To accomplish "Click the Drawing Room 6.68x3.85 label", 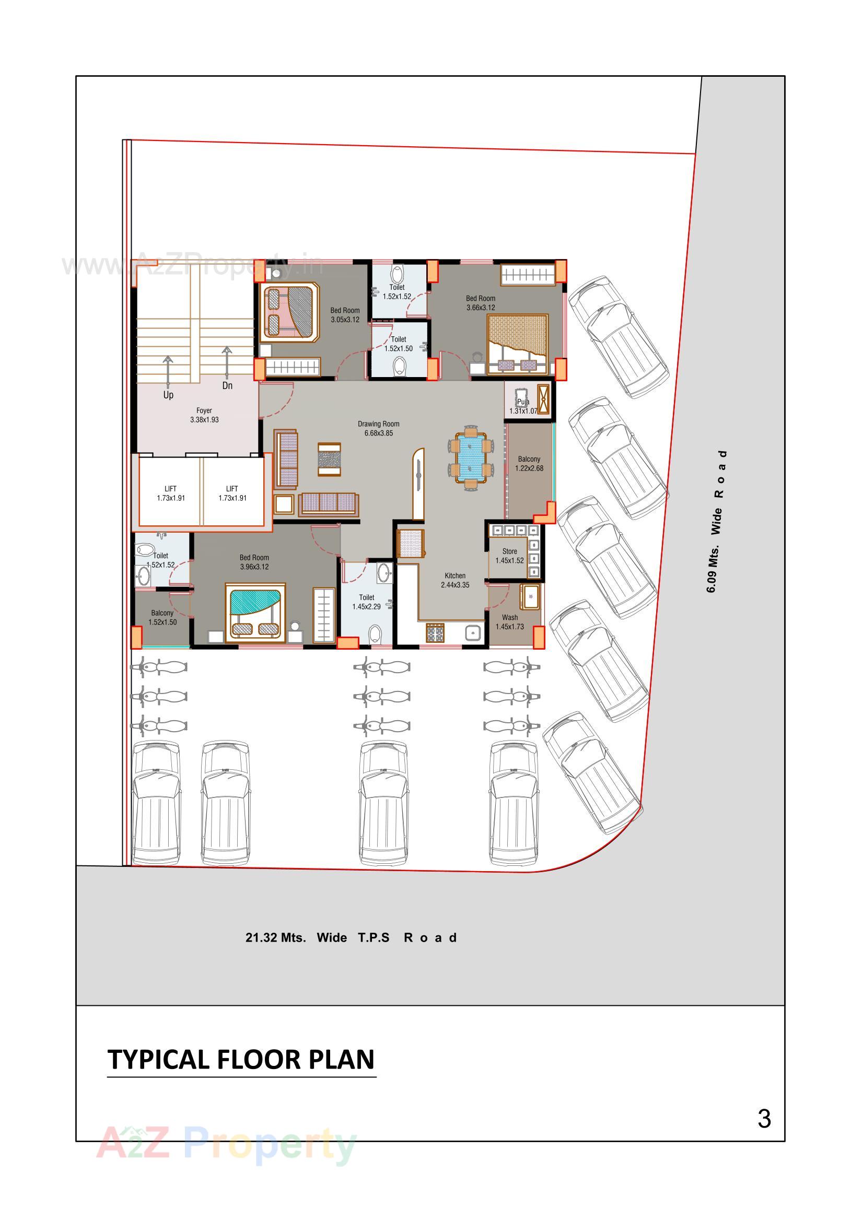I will [x=378, y=428].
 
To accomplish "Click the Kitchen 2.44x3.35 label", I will [x=455, y=580].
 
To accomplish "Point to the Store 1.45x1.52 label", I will [x=509, y=556].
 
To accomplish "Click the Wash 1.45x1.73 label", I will [x=509, y=621].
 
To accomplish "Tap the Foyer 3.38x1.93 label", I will [x=204, y=415].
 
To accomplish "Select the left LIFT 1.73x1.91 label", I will [x=171, y=493].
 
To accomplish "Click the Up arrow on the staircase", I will [x=168, y=372].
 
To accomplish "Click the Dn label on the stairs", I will [x=227, y=385].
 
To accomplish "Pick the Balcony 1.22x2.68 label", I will [x=529, y=463].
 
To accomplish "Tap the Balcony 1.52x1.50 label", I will [x=162, y=617].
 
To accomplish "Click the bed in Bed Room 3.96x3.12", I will [x=255, y=613].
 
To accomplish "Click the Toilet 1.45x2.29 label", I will [x=367, y=602].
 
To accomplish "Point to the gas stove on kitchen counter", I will [x=435, y=634].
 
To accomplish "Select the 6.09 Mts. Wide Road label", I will [x=716, y=521].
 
